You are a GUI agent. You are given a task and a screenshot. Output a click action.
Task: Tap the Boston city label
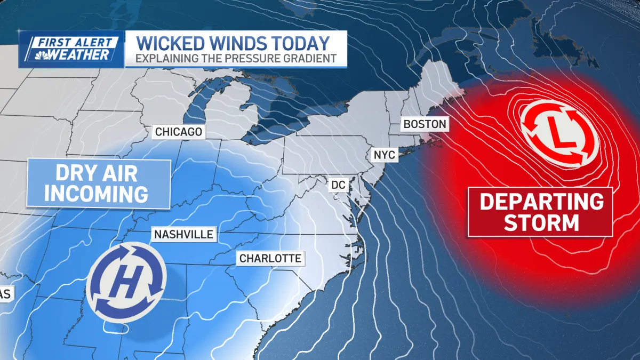pyautogui.click(x=424, y=124)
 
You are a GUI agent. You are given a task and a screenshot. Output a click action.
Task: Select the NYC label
pyautogui.click(x=384, y=155)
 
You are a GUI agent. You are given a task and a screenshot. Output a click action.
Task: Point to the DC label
pyautogui.click(x=339, y=185)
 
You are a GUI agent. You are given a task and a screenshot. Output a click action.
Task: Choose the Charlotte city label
pyautogui.click(x=270, y=259)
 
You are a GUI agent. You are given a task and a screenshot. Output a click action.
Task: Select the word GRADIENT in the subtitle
pyautogui.click(x=311, y=58)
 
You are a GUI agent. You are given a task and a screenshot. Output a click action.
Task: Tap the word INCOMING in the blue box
pyautogui.click(x=96, y=194)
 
